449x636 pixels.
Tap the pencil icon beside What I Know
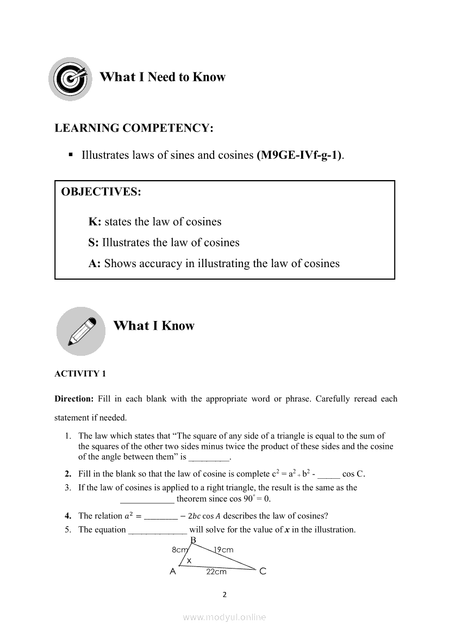(x=80, y=331)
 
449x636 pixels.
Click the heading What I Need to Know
(x=162, y=77)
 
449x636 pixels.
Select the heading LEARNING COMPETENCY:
(x=134, y=128)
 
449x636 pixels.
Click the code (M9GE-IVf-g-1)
(x=300, y=155)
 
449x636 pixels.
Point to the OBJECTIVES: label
(x=101, y=192)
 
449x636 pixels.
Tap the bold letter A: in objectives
(x=95, y=264)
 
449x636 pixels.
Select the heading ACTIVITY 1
(x=80, y=374)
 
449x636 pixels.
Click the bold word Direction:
(x=74, y=399)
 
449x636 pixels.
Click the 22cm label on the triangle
(x=216, y=572)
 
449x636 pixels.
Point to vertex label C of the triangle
(x=263, y=571)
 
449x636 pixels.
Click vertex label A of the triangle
(x=173, y=571)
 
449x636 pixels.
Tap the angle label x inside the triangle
(x=189, y=560)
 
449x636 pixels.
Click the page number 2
(x=224, y=595)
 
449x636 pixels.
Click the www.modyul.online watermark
(x=224, y=617)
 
